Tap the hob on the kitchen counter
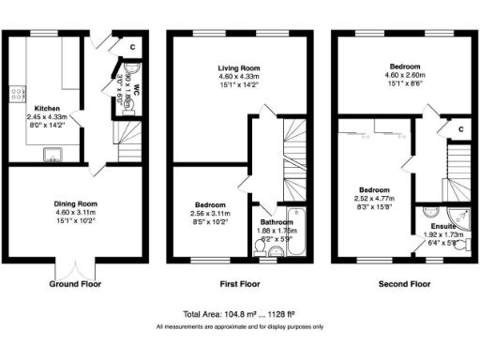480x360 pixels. click(x=15, y=94)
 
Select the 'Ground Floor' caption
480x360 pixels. click(x=76, y=282)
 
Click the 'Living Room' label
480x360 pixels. click(x=240, y=67)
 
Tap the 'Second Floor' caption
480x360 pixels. click(x=405, y=282)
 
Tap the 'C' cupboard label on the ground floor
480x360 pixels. click(x=132, y=46)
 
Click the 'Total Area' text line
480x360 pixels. click(x=240, y=314)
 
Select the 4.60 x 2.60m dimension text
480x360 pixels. click(x=405, y=75)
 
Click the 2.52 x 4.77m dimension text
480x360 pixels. click(x=372, y=199)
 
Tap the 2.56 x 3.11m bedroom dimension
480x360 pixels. click(x=209, y=214)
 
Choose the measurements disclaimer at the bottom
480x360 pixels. click(x=240, y=326)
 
